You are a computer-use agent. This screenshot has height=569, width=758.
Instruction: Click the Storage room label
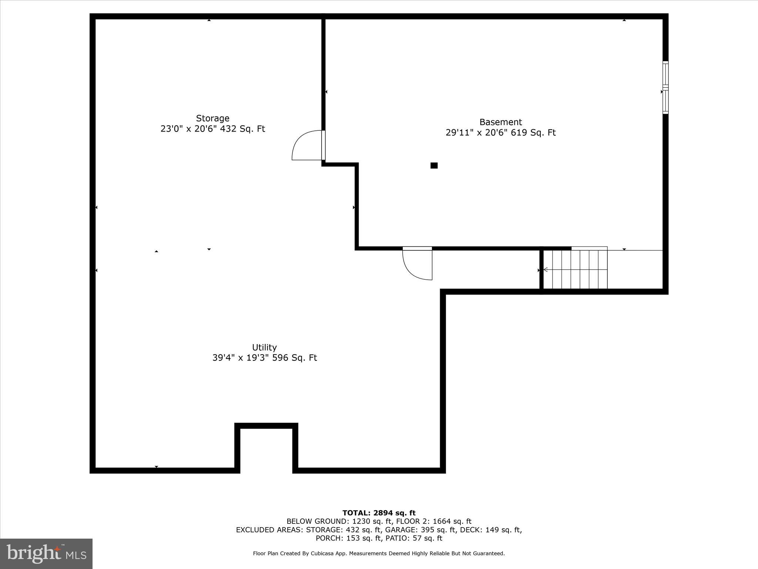212,118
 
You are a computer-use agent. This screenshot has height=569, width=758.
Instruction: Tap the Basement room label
500,122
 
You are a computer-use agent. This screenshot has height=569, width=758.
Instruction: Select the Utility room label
264,347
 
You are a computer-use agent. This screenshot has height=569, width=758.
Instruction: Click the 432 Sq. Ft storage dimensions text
213,129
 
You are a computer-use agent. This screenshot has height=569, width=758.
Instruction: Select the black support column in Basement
434,166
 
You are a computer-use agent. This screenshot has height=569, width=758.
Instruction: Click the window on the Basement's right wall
665,87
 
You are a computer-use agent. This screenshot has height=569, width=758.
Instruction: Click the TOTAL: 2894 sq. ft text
379,513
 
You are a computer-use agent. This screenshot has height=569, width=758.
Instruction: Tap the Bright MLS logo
46,553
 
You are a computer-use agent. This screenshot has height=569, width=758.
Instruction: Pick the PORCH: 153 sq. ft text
348,538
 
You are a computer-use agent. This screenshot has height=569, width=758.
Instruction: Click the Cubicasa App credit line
379,553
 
